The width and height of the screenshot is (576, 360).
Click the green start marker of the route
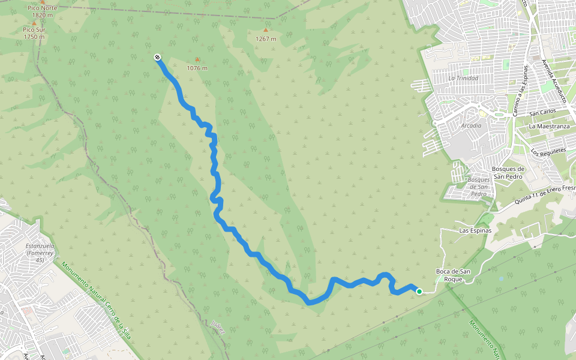pos(419,292)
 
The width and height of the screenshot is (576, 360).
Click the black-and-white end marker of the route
pos(157,57)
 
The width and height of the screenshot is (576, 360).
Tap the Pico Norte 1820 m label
pos(43,12)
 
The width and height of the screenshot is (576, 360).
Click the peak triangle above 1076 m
pos(197,59)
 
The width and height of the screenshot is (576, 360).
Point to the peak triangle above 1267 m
pos(266,29)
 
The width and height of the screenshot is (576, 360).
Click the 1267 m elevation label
pos(266,39)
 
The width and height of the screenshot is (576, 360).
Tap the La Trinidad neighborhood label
pos(463,79)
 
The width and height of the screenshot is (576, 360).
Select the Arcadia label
pos(472,126)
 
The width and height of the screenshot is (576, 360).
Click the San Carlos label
pos(542,112)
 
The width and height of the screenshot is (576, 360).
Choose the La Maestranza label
pos(548,127)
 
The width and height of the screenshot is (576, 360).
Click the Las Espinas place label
pos(475,230)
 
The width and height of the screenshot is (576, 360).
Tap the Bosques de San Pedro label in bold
pos(508,173)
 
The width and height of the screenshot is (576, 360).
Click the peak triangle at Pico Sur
pos(34,23)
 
